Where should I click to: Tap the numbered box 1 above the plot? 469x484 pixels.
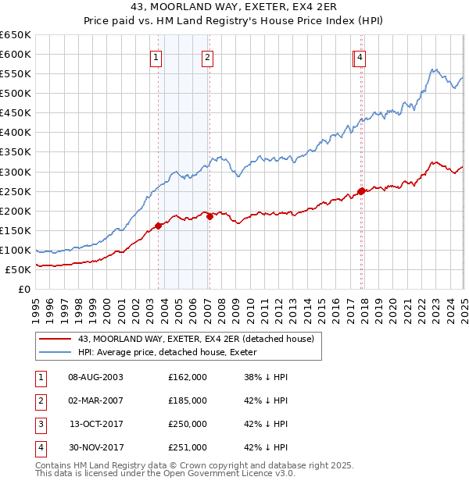tap(156, 57)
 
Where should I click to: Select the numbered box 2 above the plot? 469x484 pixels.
tap(207, 57)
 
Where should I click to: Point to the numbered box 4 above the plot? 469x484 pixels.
tap(360, 57)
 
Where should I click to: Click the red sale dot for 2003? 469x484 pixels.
tap(159, 226)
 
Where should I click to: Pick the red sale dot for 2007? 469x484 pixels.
tap(209, 217)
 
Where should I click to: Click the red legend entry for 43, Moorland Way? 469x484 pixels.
tap(195, 339)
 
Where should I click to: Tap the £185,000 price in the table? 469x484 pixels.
tap(188, 400)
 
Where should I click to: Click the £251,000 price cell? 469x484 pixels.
tap(188, 447)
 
